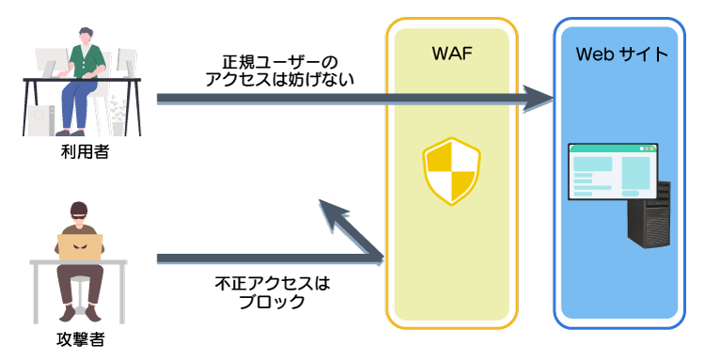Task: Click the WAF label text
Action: [x=452, y=54]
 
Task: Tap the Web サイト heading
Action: [x=622, y=55]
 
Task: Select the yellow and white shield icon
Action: [x=451, y=171]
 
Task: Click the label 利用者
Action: [x=85, y=152]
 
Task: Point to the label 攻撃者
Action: [x=81, y=339]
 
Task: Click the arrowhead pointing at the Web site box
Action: [x=539, y=98]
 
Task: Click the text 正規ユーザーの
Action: [x=280, y=62]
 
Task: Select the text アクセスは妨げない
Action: [x=280, y=80]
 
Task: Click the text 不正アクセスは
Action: [x=272, y=284]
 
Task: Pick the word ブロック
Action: [x=272, y=301]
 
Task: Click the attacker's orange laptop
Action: [x=81, y=247]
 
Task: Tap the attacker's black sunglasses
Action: [x=79, y=216]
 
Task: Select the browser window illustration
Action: [x=613, y=172]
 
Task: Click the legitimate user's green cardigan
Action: [x=86, y=61]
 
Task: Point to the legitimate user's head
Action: [x=86, y=36]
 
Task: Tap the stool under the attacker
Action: [x=80, y=293]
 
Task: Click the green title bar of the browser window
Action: [x=613, y=148]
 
